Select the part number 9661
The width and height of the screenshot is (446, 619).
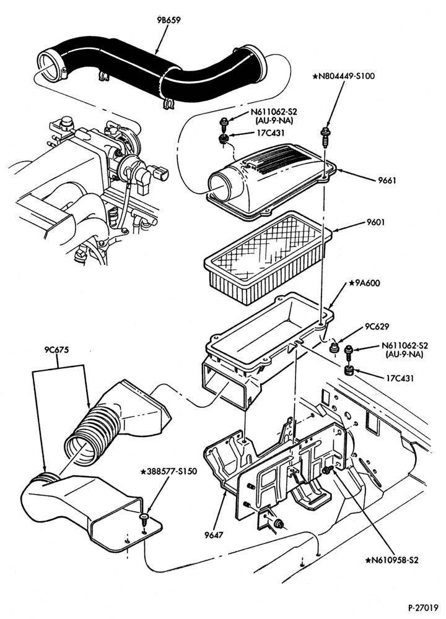tap(387, 180)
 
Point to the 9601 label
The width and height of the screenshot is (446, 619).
tap(375, 222)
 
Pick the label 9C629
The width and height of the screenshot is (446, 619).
tap(377, 326)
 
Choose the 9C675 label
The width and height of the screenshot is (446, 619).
tap(57, 349)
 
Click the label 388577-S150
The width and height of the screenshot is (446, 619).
tap(168, 471)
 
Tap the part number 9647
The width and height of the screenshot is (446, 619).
tap(214, 535)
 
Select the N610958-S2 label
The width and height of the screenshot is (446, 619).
tap(392, 560)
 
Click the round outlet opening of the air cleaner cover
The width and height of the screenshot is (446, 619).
tap(220, 187)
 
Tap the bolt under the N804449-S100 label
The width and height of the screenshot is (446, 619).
tap(325, 137)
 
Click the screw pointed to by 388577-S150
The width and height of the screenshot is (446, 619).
tap(144, 518)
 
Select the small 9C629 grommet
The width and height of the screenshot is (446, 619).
tap(335, 347)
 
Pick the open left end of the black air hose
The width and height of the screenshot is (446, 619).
tap(50, 67)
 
